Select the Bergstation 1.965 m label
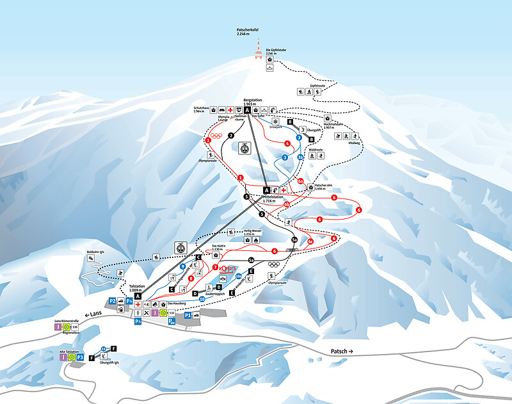click(x=253, y=102)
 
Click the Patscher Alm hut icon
click(x=311, y=187)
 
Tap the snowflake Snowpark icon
click(x=276, y=122)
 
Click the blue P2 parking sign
click(x=113, y=301)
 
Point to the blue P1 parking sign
click(x=188, y=316)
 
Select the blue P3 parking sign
click(x=81, y=357)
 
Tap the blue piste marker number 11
click(x=103, y=349)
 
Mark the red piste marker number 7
click(x=216, y=267)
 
